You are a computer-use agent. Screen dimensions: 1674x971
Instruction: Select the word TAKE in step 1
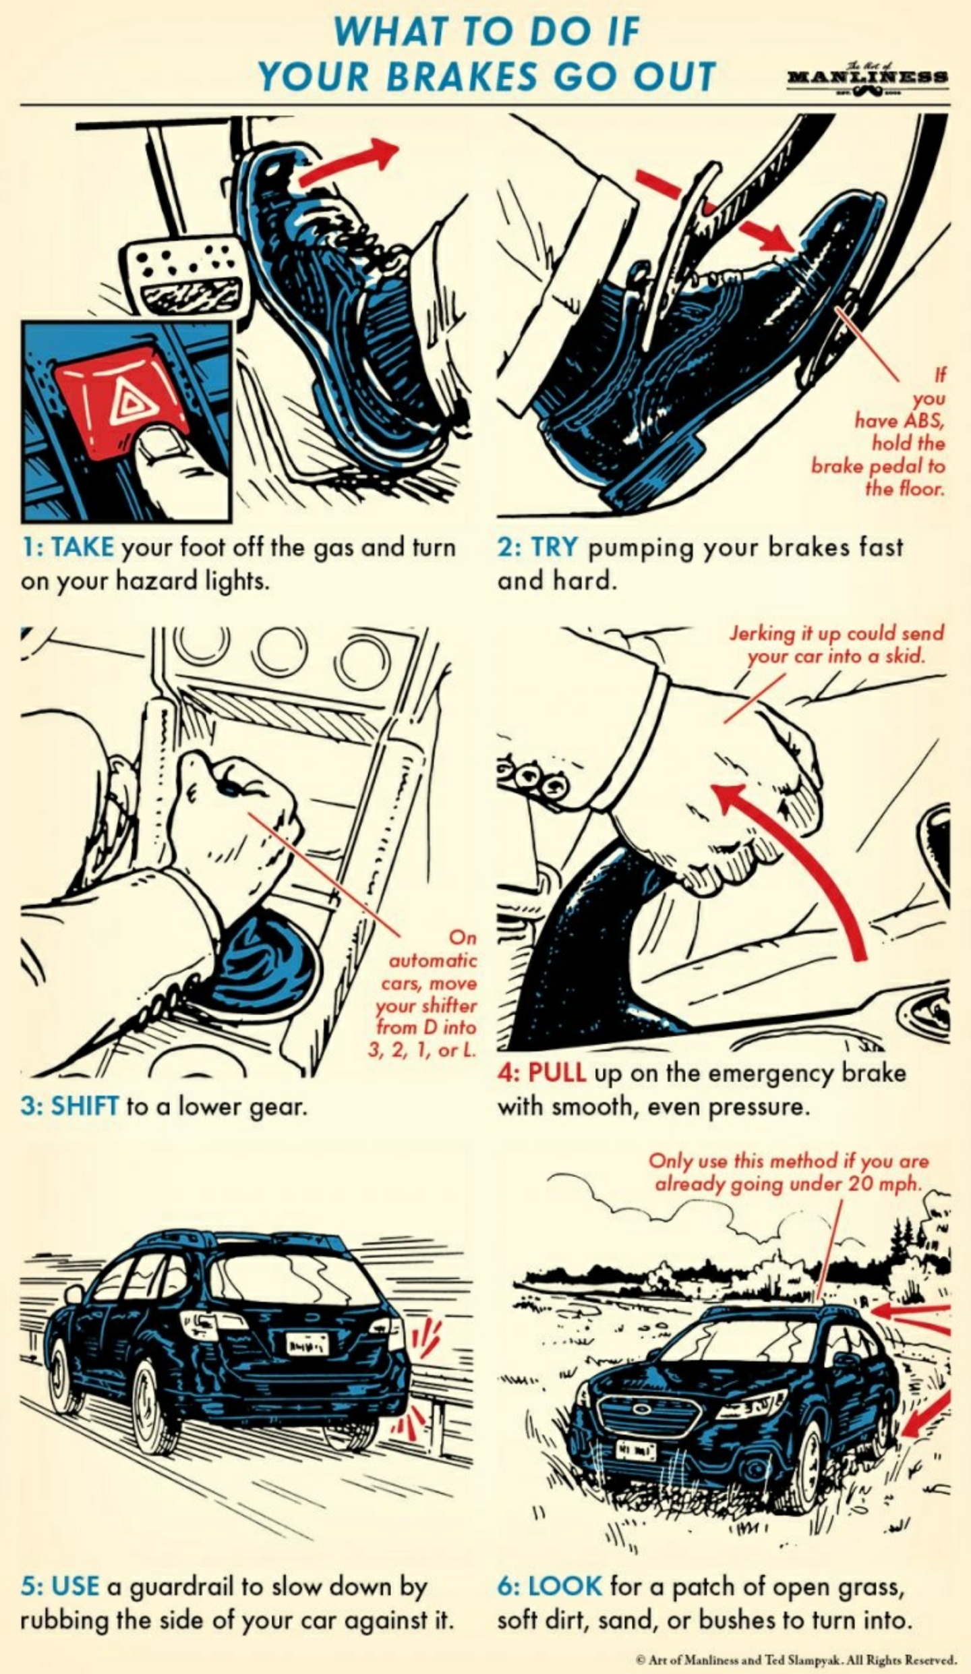click(x=83, y=546)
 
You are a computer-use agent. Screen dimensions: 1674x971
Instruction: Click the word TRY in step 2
click(x=554, y=546)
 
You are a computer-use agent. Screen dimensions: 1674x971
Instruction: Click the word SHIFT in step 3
click(x=85, y=1107)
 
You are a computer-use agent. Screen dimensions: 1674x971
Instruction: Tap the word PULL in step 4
click(x=556, y=1073)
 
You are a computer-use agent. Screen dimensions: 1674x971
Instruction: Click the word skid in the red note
click(x=904, y=656)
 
